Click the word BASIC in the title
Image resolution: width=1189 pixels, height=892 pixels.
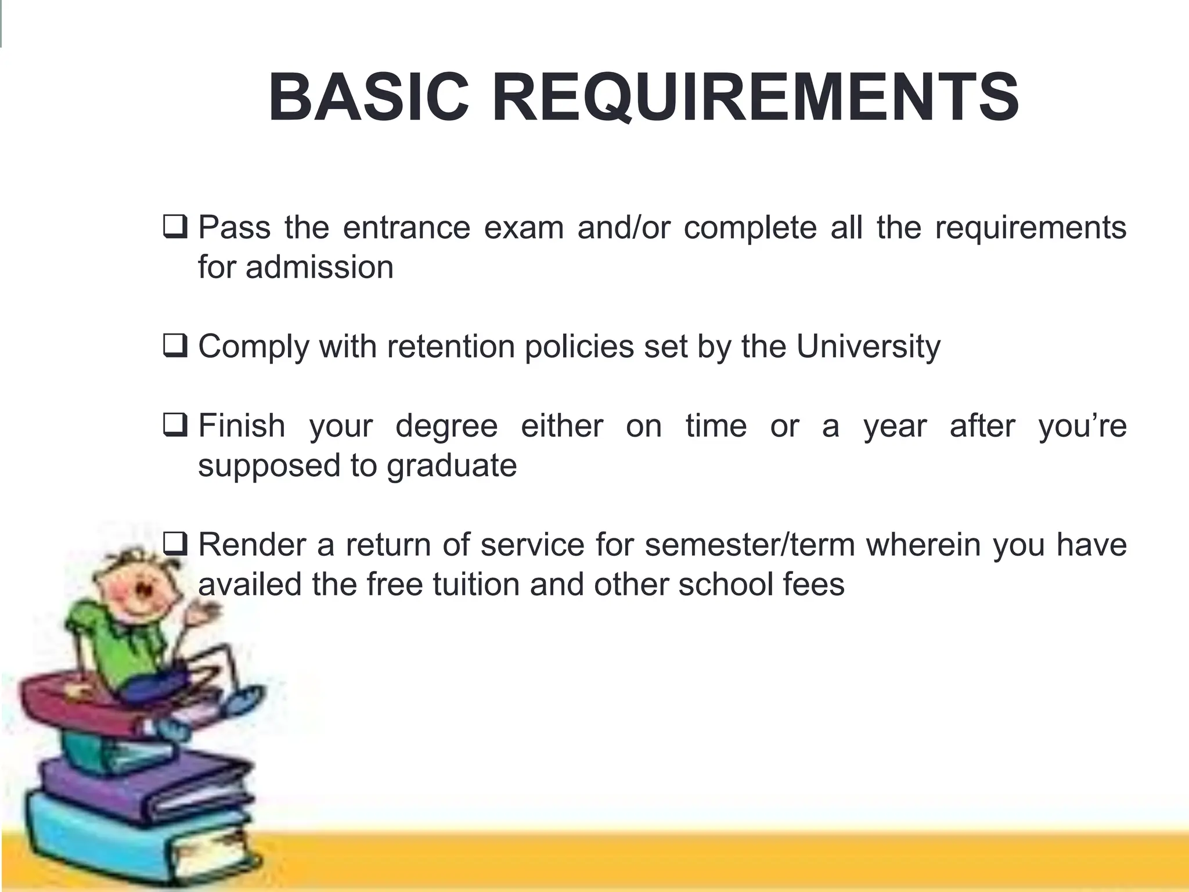pos(369,98)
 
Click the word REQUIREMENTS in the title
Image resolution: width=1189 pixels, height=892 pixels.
pos(755,98)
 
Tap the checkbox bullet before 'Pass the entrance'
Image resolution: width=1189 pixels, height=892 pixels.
pos(175,226)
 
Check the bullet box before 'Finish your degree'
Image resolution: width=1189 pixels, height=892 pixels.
pos(175,425)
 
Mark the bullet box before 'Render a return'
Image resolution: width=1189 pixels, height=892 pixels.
pos(175,544)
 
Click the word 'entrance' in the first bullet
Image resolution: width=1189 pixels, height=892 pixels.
pos(406,227)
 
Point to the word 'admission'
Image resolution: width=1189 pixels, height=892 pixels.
pos(319,267)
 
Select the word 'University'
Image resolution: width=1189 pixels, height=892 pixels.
pos(868,347)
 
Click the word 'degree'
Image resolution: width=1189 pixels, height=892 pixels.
pos(446,426)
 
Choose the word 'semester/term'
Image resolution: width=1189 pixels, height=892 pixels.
pos(750,545)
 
